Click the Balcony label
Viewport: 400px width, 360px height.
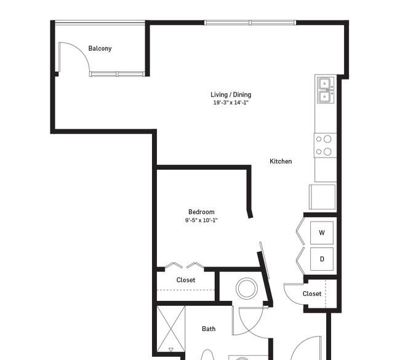pyautogui.click(x=100, y=49)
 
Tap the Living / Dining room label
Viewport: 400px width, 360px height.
pyautogui.click(x=231, y=95)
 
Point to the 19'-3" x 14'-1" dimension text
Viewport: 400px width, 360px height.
pyautogui.click(x=231, y=103)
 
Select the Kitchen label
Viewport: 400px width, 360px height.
pyautogui.click(x=281, y=161)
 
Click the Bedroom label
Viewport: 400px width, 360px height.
pyautogui.click(x=201, y=212)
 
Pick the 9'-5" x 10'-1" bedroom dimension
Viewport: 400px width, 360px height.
pyautogui.click(x=201, y=220)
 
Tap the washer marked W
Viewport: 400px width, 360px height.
pyautogui.click(x=322, y=233)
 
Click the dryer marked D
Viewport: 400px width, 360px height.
pyautogui.click(x=322, y=259)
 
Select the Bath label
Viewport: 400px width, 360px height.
pyautogui.click(x=209, y=329)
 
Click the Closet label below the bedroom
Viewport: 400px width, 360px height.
pyautogui.click(x=186, y=280)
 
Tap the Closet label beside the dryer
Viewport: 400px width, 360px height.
pyautogui.click(x=312, y=294)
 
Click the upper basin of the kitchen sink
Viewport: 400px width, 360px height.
pyautogui.click(x=324, y=84)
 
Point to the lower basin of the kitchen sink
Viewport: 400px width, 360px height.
pyautogui.click(x=324, y=97)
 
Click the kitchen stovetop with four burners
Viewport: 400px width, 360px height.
pyautogui.click(x=326, y=145)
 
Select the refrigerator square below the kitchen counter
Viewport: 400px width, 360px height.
pyautogui.click(x=322, y=197)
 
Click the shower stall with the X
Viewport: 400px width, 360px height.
pyautogui.click(x=170, y=329)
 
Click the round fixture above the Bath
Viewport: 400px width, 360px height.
pyautogui.click(x=246, y=288)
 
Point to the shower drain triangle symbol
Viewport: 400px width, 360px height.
pyautogui.click(x=170, y=350)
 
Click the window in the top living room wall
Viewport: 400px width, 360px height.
pyautogui.click(x=250, y=23)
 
